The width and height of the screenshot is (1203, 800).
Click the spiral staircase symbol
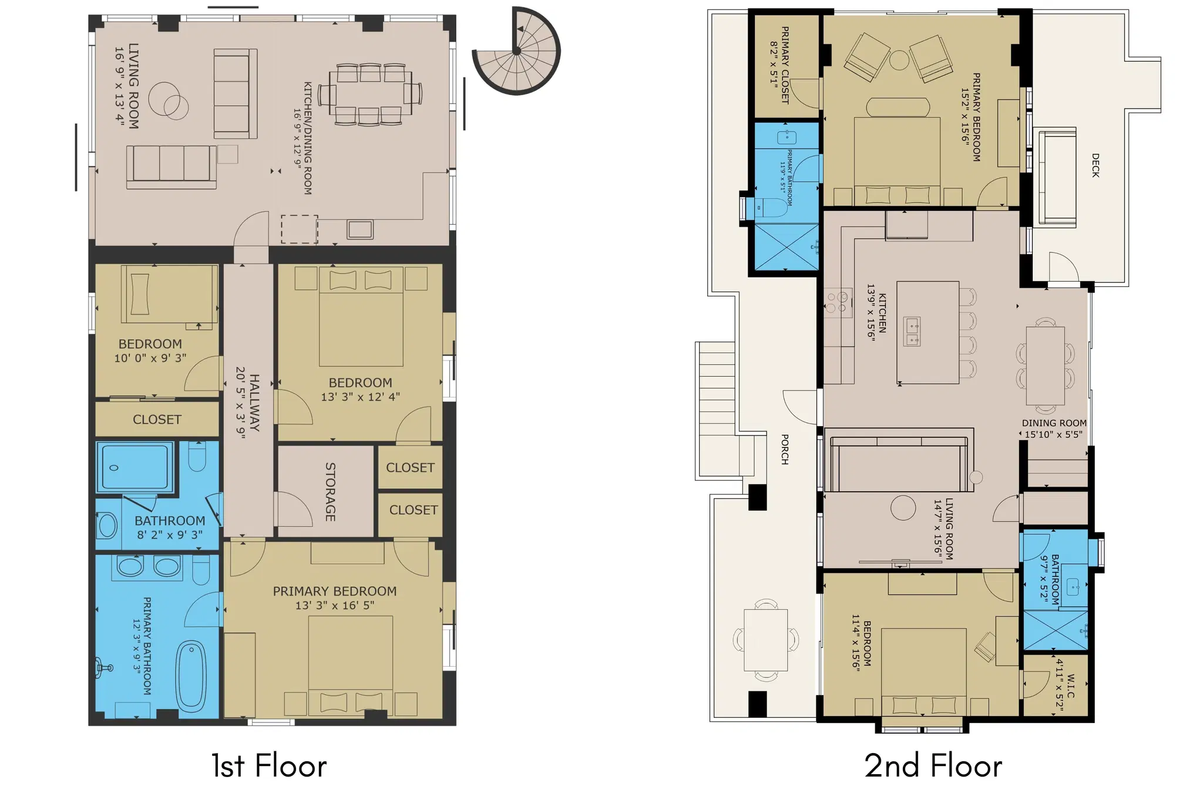click(x=516, y=51)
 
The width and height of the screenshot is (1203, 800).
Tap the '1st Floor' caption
click(x=269, y=766)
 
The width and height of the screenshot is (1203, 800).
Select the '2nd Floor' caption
click(x=933, y=766)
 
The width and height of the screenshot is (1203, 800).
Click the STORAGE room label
click(x=330, y=492)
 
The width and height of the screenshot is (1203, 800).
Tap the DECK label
click(x=1095, y=166)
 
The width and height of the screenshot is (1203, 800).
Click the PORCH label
click(x=785, y=450)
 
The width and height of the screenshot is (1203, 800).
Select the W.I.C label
click(x=1070, y=686)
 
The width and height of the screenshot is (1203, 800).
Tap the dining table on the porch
click(x=766, y=640)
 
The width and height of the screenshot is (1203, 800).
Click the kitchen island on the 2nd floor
click(x=928, y=332)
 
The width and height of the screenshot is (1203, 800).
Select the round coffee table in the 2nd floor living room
click(x=903, y=508)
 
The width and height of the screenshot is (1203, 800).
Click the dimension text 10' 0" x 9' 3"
click(x=150, y=358)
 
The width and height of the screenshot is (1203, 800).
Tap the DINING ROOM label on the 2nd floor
click(x=1054, y=423)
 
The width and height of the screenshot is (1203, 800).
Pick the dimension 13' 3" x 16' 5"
click(x=335, y=605)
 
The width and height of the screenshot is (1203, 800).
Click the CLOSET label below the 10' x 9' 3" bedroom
click(x=157, y=420)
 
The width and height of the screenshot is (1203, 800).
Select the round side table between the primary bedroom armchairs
click(x=899, y=60)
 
